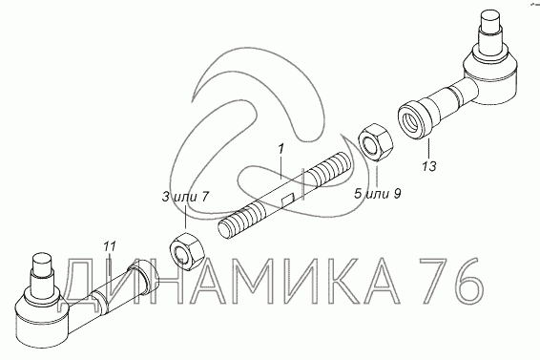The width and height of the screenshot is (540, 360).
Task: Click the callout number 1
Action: click(x=281, y=149)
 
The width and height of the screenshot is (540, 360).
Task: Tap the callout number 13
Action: click(x=429, y=166)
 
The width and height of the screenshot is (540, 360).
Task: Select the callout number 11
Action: click(x=110, y=247)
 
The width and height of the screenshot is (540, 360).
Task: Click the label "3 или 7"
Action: click(x=185, y=198)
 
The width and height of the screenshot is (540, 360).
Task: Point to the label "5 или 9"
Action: click(x=378, y=194)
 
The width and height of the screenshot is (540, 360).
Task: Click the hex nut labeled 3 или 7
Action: click(x=188, y=252)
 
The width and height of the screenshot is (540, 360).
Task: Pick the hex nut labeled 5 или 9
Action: click(x=376, y=141)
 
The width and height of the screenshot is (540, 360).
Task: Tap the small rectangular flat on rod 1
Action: click(x=287, y=201)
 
